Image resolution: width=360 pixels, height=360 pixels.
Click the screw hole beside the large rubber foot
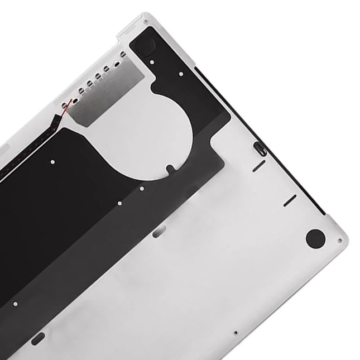click(339, 241)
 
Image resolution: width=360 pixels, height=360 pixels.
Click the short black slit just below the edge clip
click(258, 166)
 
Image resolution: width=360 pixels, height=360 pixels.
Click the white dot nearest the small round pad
click(183, 73)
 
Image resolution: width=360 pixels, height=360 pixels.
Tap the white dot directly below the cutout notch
click(169, 167)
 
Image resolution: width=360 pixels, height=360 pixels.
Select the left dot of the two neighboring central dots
click(120, 204)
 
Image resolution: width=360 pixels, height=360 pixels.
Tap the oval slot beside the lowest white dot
click(37, 338)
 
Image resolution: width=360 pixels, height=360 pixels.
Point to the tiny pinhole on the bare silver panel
click(236, 333)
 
